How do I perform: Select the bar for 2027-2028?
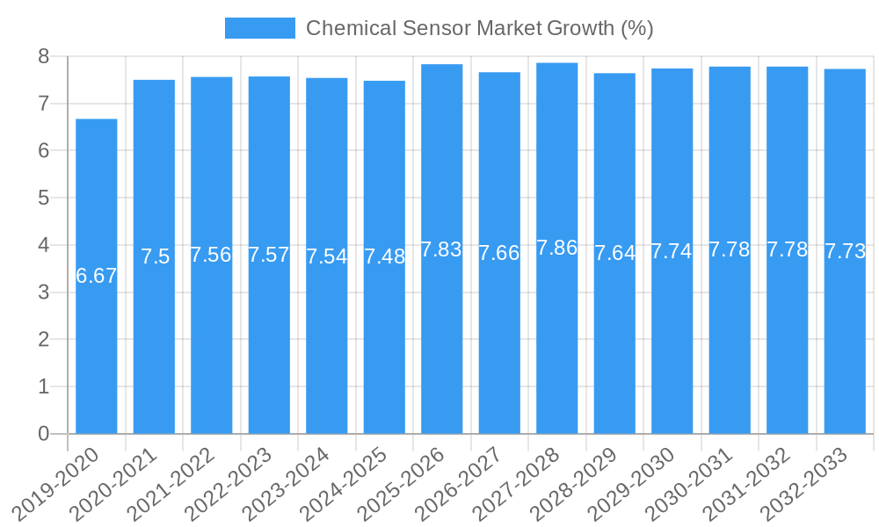point(557,351)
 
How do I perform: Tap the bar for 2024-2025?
point(384,351)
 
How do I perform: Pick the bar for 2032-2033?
point(845,351)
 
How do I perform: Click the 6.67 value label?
point(97,276)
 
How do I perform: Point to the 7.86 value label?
point(557,248)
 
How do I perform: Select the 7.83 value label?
point(441,249)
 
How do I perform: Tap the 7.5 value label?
point(155,256)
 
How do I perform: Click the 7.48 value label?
point(384,257)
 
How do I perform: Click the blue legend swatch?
point(259,28)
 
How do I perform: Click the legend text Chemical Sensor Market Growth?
point(479,28)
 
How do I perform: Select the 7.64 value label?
point(614,253)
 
